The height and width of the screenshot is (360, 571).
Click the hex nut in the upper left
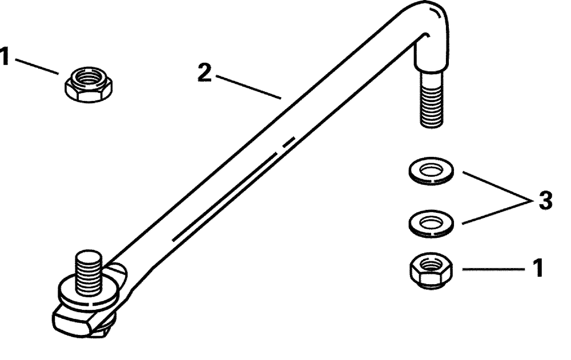[89, 84]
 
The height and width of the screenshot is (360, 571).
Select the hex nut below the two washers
[432, 271]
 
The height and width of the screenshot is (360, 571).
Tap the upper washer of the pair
[432, 171]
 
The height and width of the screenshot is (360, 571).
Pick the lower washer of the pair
[432, 224]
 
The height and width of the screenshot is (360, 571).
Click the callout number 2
[204, 72]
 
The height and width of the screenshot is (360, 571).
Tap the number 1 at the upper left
[5, 56]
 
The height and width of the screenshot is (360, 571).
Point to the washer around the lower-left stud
[89, 291]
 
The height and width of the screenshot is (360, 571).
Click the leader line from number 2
[248, 87]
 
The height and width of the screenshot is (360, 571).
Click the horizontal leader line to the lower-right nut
[494, 269]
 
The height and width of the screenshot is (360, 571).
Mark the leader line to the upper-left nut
[37, 66]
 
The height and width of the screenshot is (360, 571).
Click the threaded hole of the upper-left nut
[89, 77]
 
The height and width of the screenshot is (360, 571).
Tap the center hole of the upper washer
[432, 169]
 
